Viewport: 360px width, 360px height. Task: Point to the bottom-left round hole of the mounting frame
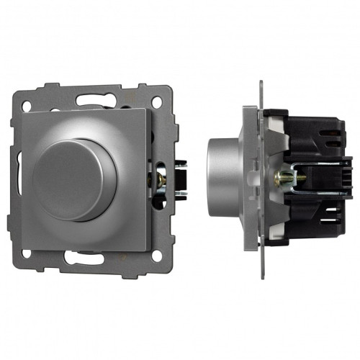(27, 254)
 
